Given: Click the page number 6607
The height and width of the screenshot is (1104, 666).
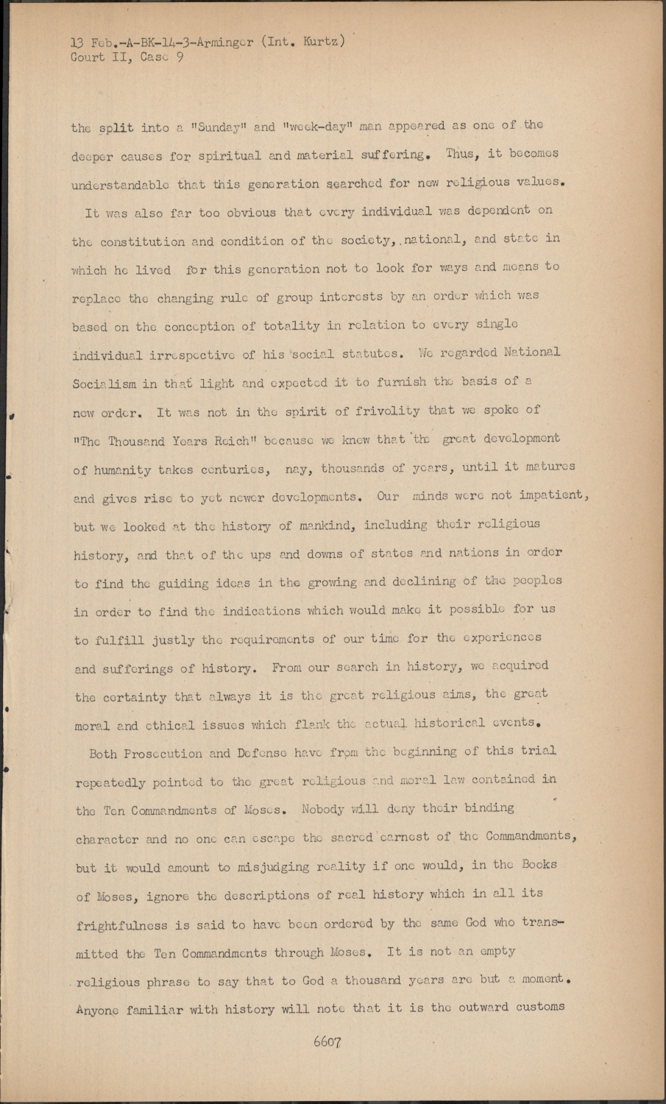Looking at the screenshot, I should click(327, 1042).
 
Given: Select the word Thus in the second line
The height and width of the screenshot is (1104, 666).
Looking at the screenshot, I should click(461, 154).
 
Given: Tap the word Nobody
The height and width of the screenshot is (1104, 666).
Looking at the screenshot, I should click(322, 809).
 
